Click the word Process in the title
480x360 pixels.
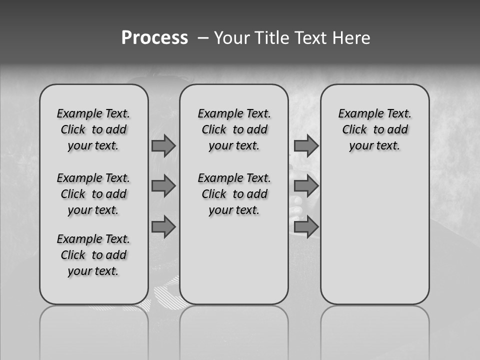[x=154, y=38]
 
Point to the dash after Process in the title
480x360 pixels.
[x=203, y=38]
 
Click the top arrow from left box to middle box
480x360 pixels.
[x=163, y=145]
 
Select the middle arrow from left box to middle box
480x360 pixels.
[x=163, y=186]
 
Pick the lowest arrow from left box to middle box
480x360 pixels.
[x=163, y=227]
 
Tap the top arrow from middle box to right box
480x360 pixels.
[x=306, y=145]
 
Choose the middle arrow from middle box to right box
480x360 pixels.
[x=306, y=186]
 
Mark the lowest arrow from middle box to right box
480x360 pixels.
[x=306, y=227]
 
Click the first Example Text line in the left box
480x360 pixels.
[x=93, y=113]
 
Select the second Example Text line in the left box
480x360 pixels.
[x=93, y=178]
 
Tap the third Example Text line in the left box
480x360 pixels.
[x=93, y=239]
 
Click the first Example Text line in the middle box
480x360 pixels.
[x=234, y=113]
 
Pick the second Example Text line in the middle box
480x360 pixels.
[x=234, y=178]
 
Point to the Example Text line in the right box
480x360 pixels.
[x=374, y=113]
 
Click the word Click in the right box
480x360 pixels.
[x=354, y=130]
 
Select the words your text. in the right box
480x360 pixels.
[x=374, y=146]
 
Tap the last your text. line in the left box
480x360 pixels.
[x=93, y=271]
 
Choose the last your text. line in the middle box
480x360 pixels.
[x=234, y=210]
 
